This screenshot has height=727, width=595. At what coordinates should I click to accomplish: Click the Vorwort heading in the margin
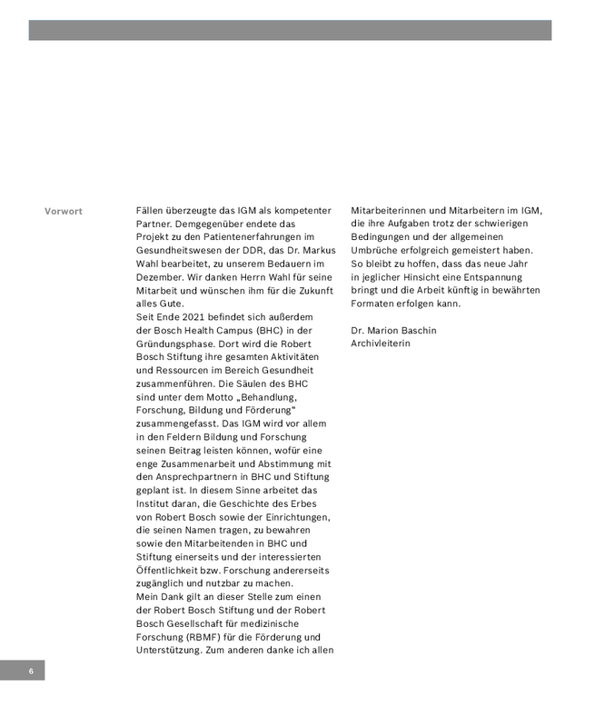coord(64,212)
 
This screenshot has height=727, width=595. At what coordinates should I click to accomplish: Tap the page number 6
coord(30,672)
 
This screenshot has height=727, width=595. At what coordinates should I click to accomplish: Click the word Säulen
coord(268,383)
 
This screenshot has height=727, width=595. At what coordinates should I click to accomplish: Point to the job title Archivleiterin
coord(381,344)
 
